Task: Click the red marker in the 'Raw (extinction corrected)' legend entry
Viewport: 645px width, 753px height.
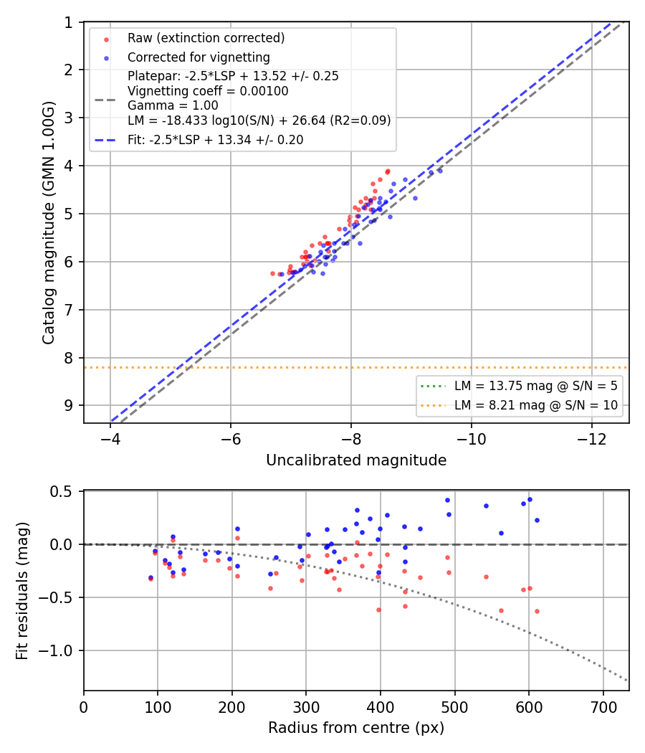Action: coord(106,39)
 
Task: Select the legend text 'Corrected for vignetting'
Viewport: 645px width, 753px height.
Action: coord(199,57)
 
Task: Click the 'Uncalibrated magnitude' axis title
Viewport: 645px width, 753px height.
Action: coord(356,460)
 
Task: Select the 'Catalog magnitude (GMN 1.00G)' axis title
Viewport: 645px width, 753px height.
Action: coord(49,223)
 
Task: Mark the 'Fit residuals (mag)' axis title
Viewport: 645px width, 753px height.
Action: coord(22,591)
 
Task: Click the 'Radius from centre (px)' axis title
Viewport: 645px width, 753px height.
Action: coord(356,728)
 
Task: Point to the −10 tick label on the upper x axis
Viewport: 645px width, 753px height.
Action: coord(471,439)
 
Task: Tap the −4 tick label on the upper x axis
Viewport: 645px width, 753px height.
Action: coord(110,439)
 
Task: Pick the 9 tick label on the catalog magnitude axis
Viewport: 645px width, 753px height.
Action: coord(69,406)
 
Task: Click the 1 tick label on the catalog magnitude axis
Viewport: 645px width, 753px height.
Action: coord(69,22)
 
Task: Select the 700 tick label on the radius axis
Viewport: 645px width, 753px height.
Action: coord(603,707)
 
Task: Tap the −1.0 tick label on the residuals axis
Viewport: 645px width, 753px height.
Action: coord(54,650)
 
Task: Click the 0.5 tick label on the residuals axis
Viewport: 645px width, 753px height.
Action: coord(62,492)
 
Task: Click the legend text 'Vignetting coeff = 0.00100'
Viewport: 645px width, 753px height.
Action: coord(208,91)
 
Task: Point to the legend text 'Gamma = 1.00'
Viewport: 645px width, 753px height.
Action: coord(173,105)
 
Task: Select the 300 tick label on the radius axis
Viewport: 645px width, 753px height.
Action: coord(306,707)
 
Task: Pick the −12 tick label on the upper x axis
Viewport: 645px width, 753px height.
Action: coord(591,439)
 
